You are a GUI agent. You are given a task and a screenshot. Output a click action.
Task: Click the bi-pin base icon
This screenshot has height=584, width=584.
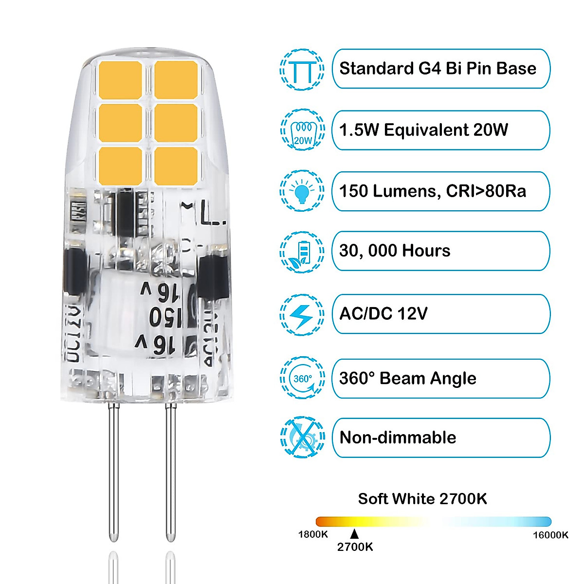coord(302,70)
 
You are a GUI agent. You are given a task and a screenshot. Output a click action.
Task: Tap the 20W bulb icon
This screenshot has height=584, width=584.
coord(302,130)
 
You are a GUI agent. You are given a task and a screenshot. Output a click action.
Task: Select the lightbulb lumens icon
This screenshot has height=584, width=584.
coord(302,191)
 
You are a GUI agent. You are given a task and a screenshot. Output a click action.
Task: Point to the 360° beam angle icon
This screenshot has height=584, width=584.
coord(302,378)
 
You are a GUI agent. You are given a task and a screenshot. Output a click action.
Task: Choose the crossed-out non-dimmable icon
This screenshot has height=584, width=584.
coord(302,438)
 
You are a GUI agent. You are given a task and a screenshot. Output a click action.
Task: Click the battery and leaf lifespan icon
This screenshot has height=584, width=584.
coord(302,252)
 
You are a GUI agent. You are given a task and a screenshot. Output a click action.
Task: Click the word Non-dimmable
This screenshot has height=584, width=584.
coord(398,438)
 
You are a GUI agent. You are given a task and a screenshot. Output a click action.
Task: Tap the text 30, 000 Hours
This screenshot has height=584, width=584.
coord(395,251)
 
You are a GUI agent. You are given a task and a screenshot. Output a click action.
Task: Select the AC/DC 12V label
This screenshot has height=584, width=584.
coord(383,313)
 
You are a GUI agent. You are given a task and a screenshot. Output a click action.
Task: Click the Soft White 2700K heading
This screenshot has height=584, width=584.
coord(422,499)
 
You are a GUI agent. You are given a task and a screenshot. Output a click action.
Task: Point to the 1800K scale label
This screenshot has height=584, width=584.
coord(313,534)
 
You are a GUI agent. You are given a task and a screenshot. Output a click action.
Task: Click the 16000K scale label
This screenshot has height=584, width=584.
coord(550,535)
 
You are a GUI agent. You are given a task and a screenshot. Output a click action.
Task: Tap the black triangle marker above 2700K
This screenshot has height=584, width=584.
coord(354,534)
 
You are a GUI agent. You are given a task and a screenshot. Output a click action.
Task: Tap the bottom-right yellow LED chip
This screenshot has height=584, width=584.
coord(176,165)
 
